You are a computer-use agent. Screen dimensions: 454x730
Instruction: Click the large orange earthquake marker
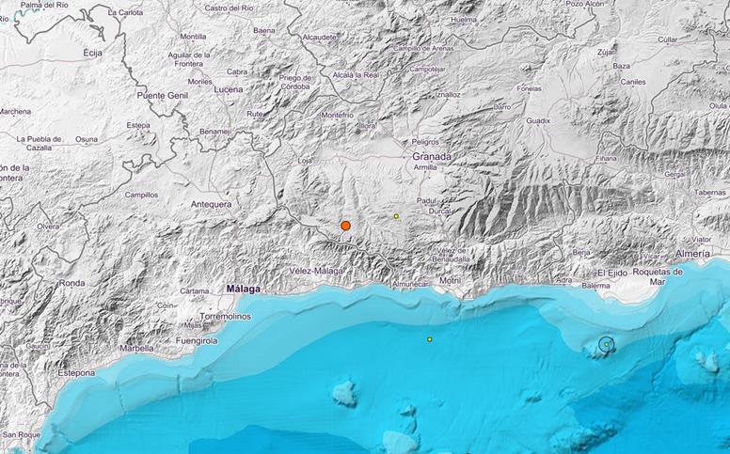346,226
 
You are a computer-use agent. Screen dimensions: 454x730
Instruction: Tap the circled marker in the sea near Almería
607,345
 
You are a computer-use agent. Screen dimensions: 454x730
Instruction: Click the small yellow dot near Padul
397,216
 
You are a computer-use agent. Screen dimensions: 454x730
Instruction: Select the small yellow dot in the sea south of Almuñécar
430,339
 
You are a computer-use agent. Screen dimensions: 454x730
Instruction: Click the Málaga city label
244,290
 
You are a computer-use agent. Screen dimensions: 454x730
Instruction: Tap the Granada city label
432,156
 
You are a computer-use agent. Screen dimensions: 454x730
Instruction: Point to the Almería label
694,256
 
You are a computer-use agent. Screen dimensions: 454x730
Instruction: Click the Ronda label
71,282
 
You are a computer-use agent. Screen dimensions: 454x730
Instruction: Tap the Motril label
450,281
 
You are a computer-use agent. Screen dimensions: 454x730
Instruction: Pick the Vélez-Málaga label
317,271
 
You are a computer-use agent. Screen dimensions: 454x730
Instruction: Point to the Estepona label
74,372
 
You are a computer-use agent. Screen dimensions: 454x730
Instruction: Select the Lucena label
228,89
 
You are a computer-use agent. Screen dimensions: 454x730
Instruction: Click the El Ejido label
612,273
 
